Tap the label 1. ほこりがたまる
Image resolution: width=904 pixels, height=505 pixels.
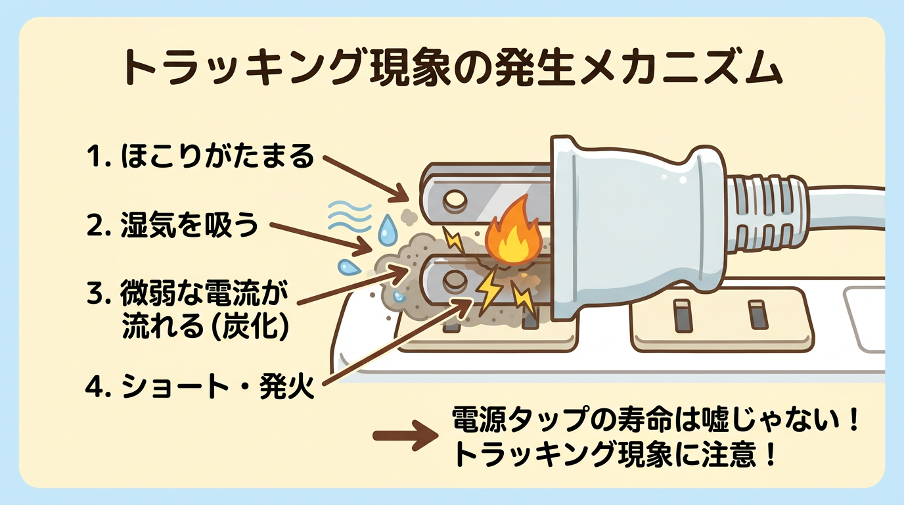click(200, 157)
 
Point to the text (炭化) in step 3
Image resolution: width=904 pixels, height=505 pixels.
click(252, 327)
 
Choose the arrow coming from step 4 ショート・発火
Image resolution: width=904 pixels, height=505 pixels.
click(394, 342)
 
